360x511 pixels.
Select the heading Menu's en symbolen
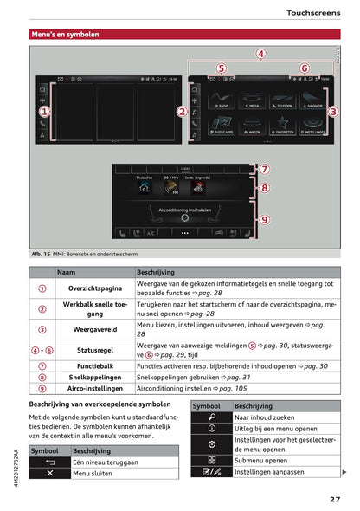click(x=65, y=35)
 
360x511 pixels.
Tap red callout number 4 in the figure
click(x=260, y=54)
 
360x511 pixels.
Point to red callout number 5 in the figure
click(x=221, y=68)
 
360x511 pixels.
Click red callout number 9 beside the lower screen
click(x=265, y=220)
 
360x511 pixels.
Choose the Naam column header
click(x=66, y=272)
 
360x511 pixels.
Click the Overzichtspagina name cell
click(x=94, y=288)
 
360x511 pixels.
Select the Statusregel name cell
click(x=94, y=349)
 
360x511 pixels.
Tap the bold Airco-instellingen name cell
click(x=94, y=390)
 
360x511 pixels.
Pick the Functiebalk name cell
click(x=94, y=366)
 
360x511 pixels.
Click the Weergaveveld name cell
click(x=94, y=329)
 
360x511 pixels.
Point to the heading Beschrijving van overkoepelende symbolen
click(x=100, y=404)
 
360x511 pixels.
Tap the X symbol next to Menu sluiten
click(x=50, y=474)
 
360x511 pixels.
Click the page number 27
click(x=334, y=498)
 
